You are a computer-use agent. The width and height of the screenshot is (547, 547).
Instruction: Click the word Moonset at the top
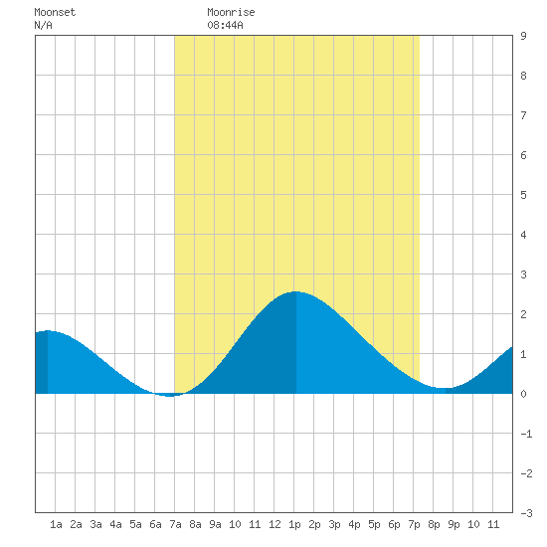55,12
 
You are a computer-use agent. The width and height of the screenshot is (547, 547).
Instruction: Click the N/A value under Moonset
43,25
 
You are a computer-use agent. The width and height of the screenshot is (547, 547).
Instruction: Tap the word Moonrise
231,12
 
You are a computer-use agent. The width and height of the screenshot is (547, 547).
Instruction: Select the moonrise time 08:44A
225,25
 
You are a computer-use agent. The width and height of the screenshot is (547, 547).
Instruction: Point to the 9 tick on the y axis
523,36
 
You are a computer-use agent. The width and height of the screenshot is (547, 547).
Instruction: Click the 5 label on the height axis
523,195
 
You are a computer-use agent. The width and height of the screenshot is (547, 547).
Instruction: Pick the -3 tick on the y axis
526,513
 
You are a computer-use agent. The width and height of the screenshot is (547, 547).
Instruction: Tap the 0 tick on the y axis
523,394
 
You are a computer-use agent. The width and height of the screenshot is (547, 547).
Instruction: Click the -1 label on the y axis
526,434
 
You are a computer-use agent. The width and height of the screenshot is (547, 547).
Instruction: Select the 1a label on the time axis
56,524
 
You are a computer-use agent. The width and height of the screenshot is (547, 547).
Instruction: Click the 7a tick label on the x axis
175,524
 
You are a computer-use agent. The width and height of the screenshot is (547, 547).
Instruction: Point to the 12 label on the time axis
274,524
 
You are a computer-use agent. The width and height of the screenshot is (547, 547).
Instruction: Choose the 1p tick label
294,524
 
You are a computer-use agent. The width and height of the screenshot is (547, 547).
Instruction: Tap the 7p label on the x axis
414,524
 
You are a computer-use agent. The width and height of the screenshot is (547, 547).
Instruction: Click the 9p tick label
454,524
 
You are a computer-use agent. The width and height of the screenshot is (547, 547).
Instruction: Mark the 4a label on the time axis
115,524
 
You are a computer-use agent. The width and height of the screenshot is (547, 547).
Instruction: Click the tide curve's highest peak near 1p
295,291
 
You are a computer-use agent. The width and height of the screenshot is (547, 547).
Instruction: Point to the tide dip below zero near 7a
169,396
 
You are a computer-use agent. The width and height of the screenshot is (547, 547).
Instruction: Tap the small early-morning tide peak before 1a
48,331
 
